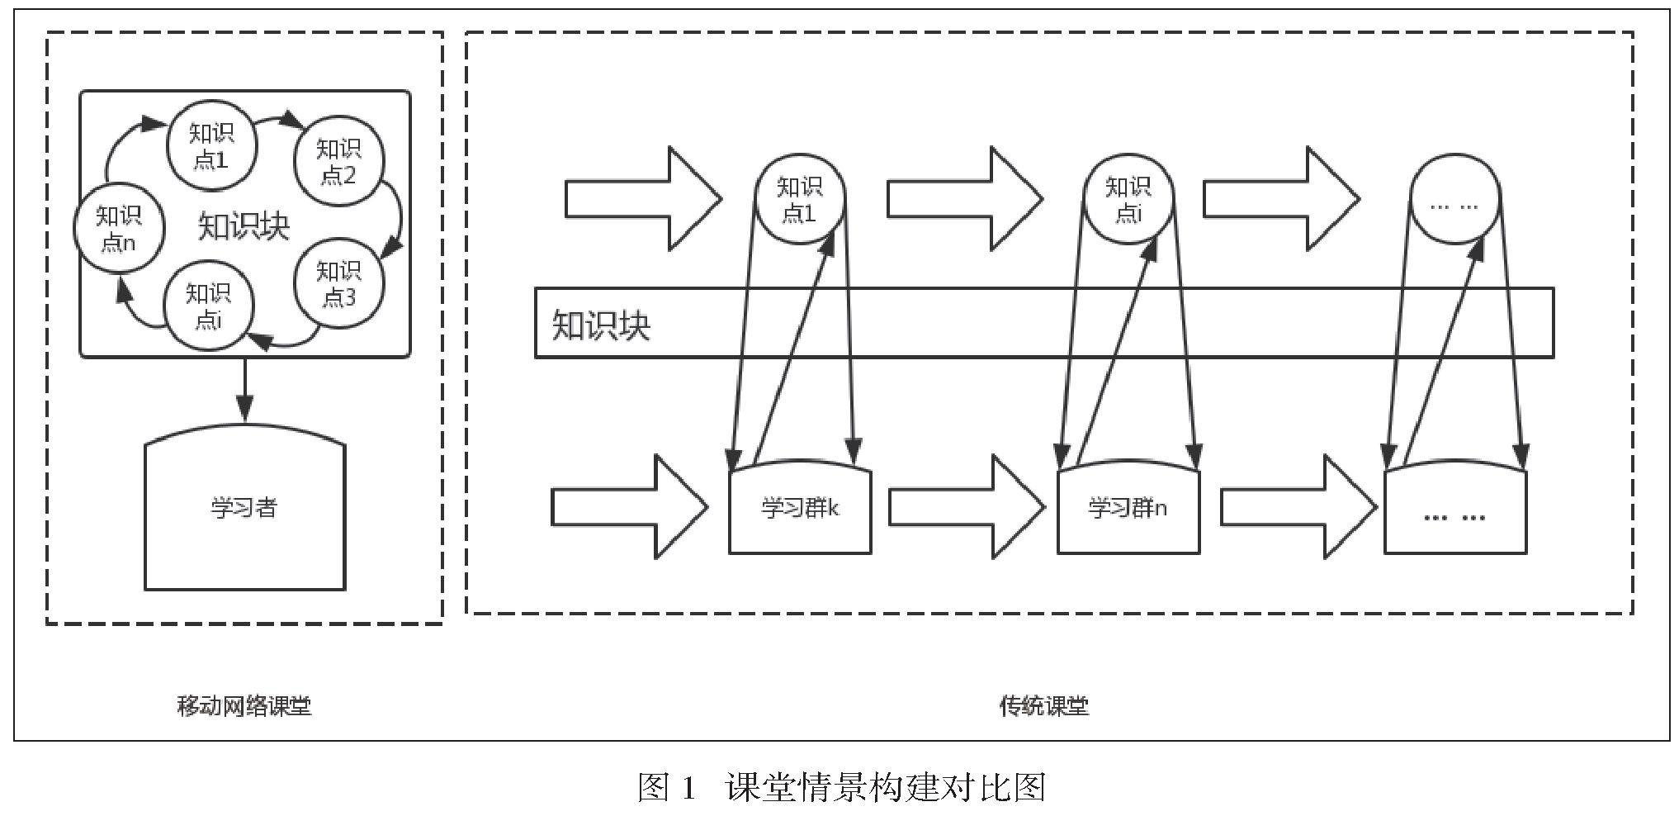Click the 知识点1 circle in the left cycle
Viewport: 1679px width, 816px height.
(x=211, y=145)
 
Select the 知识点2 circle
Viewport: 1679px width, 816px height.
(x=338, y=162)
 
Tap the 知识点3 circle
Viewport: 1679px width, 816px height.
(x=338, y=283)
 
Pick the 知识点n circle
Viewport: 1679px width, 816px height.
(x=118, y=229)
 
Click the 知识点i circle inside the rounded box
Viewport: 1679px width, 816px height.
(x=208, y=306)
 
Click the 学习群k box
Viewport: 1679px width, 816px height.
(x=800, y=508)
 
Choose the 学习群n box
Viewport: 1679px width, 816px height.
(x=1128, y=508)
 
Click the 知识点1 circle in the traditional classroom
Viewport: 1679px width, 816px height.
(x=799, y=199)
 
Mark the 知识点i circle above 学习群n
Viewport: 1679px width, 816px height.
(x=1128, y=199)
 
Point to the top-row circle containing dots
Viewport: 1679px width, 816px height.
(x=1454, y=199)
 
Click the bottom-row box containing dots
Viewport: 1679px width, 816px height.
(x=1454, y=511)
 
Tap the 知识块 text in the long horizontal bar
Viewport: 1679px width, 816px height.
(x=601, y=325)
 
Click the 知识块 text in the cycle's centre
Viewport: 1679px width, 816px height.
(x=244, y=225)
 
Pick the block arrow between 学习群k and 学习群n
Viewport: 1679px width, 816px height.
(x=967, y=506)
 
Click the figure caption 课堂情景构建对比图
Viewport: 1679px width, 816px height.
(x=885, y=787)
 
